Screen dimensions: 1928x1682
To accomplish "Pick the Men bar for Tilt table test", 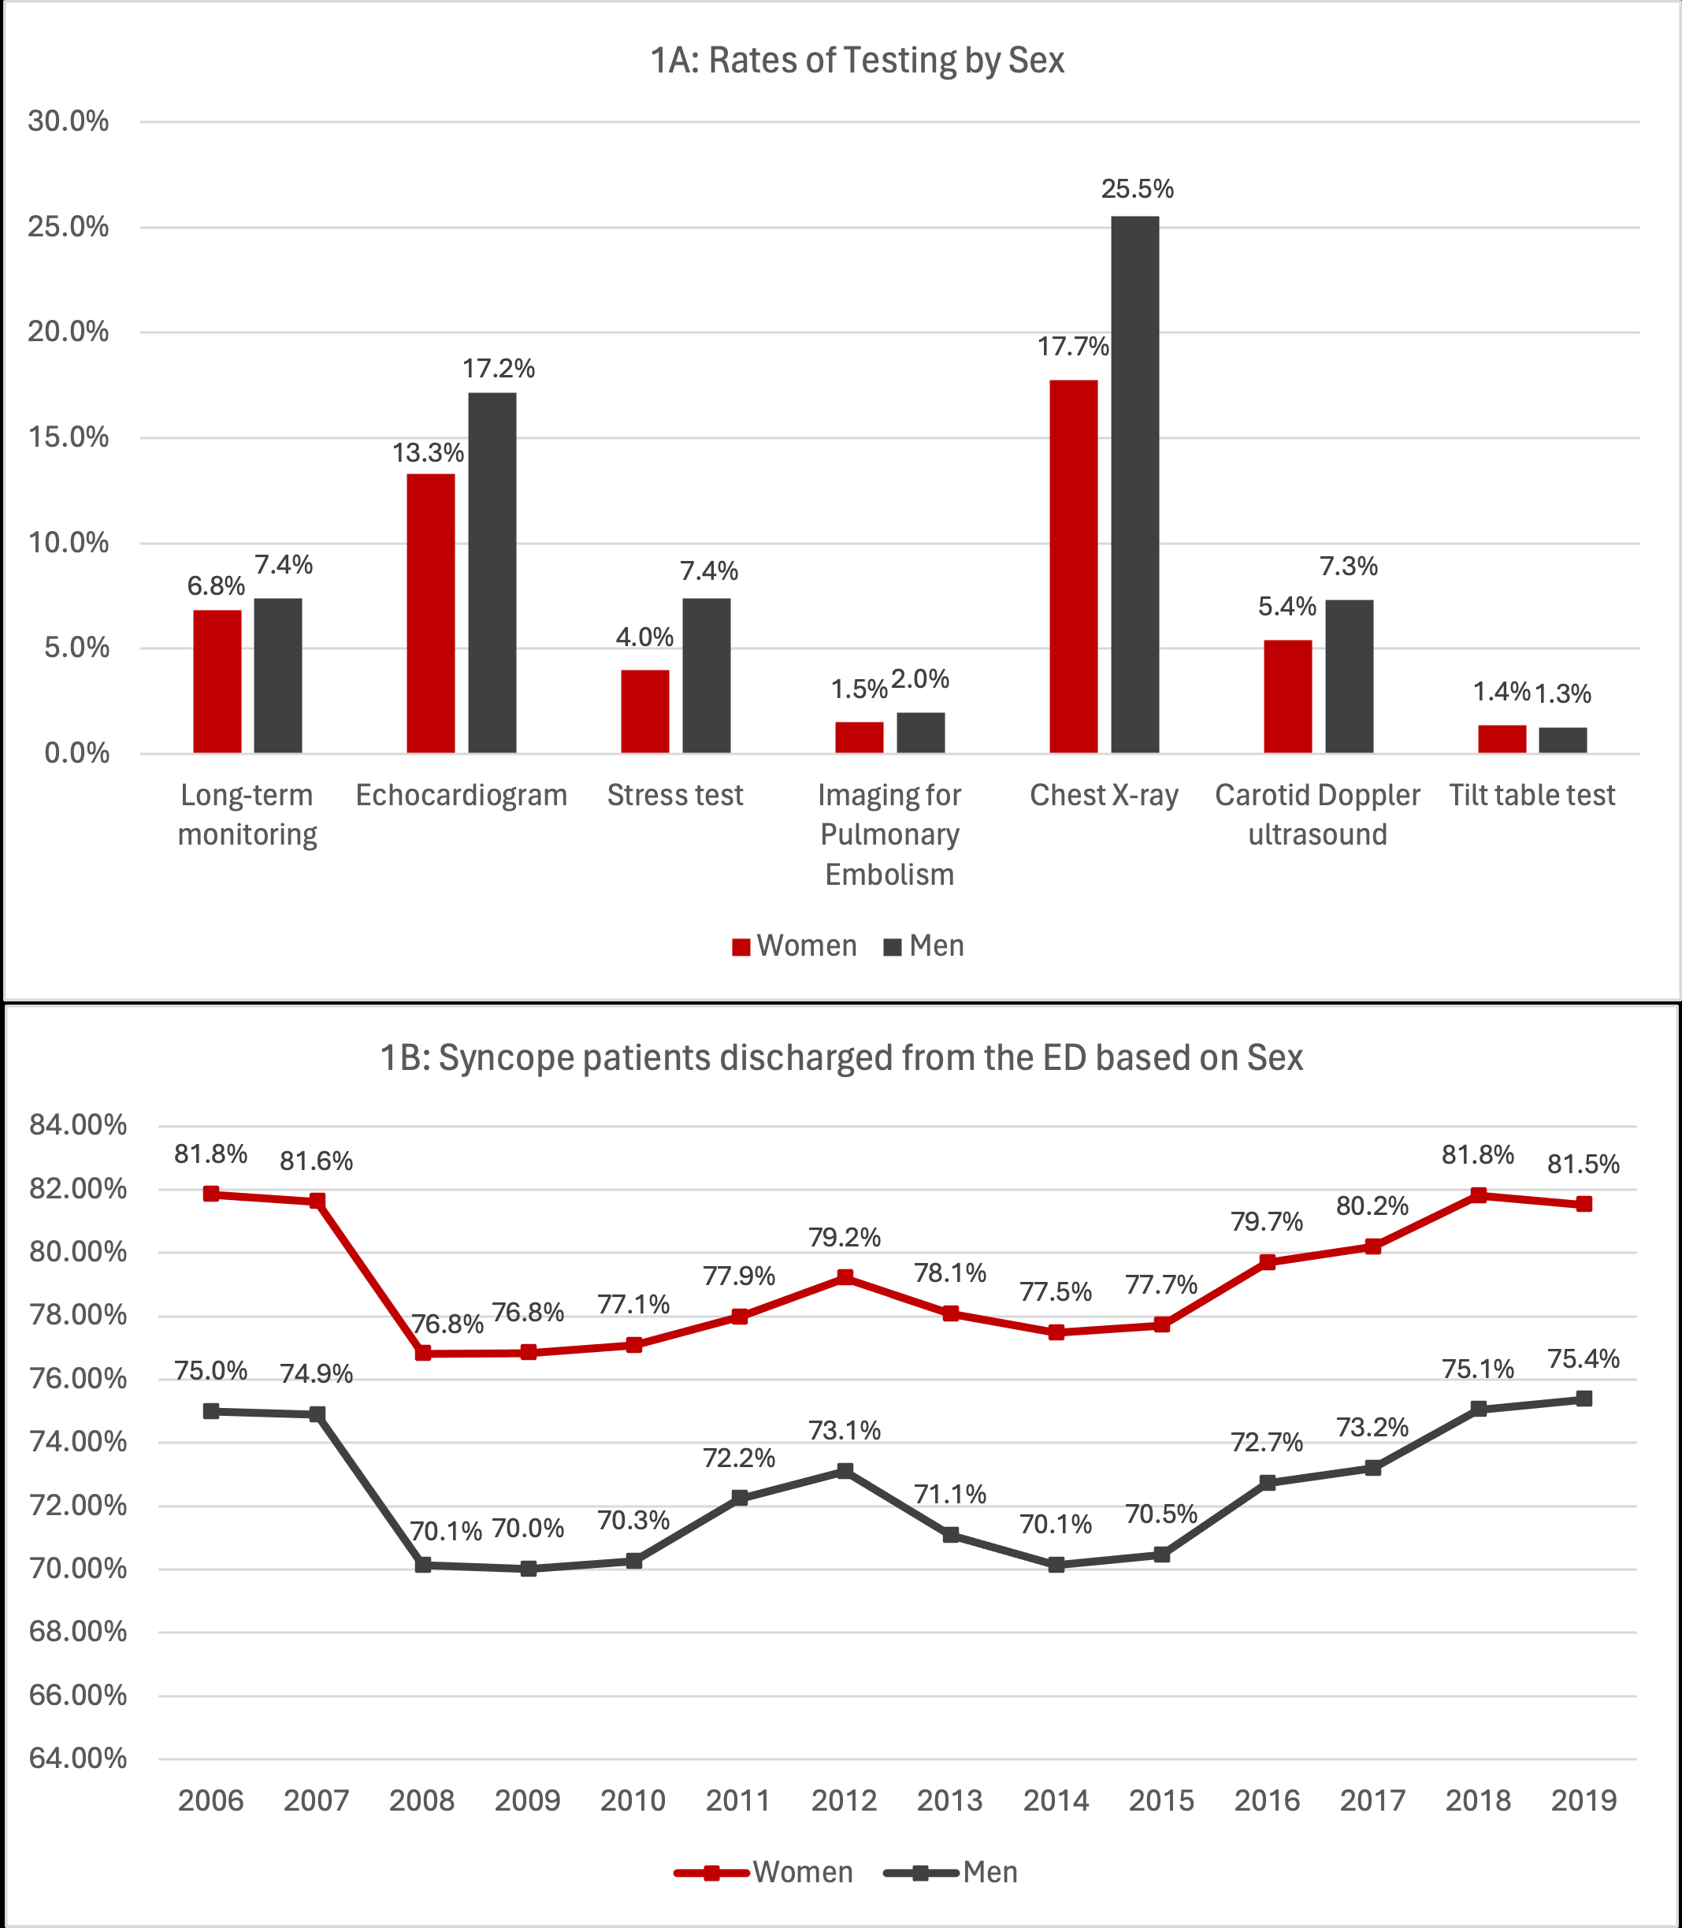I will click(1563, 740).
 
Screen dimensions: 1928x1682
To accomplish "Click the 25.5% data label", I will click(1137, 188).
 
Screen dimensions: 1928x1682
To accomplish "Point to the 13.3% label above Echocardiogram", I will click(428, 452).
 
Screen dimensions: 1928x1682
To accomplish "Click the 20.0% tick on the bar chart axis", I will click(69, 332).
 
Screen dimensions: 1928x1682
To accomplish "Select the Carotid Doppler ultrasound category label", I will click(1317, 814).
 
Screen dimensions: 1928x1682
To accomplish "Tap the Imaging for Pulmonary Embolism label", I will click(889, 834).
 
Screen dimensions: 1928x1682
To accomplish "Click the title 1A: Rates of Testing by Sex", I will click(857, 60).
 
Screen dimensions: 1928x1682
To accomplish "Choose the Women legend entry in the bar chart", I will click(794, 945).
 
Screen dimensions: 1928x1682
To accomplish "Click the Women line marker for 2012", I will click(845, 1277).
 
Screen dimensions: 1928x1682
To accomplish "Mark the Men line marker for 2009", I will click(529, 1569).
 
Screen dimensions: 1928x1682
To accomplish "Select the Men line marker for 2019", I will click(1584, 1399).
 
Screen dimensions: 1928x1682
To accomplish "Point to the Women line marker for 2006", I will click(211, 1194).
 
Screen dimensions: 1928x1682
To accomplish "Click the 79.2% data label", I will click(845, 1237).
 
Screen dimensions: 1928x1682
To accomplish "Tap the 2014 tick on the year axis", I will click(1056, 1800).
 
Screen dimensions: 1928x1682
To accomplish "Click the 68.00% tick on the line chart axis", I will click(78, 1632).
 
